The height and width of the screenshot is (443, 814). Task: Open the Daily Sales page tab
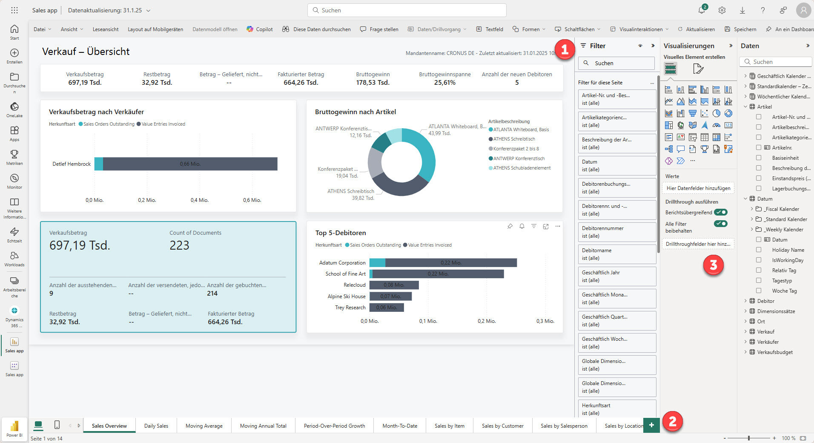(156, 426)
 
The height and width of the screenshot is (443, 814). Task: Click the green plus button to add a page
(651, 425)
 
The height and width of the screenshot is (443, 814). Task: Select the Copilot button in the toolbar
(260, 29)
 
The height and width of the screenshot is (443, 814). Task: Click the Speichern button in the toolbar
(740, 29)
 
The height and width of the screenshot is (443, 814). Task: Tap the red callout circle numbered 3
(714, 265)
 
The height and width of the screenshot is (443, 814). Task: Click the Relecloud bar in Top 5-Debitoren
(394, 285)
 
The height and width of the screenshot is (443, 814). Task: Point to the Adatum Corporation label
(342, 263)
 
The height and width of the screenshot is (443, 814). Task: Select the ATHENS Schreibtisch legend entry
(514, 139)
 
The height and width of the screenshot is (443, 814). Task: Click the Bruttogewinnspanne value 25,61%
(444, 83)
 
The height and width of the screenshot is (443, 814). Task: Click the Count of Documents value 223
(179, 245)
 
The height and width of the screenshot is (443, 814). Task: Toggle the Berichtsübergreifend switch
(721, 212)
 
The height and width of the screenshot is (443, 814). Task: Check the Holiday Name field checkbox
(759, 250)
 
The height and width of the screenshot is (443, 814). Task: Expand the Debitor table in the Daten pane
(745, 301)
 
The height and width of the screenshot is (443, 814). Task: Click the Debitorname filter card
(616, 254)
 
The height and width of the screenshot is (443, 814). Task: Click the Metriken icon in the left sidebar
(14, 157)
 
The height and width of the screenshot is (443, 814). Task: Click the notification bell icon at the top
(702, 10)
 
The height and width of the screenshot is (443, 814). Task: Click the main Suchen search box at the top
(407, 10)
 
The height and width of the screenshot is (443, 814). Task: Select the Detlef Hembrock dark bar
(190, 164)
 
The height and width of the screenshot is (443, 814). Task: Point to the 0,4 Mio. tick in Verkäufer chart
(199, 200)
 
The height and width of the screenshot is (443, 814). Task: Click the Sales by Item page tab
(449, 426)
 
